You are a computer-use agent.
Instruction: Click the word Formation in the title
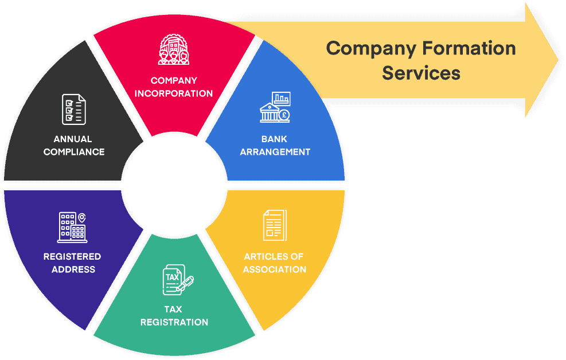coord(469,48)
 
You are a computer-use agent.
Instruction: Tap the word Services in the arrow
coord(421,73)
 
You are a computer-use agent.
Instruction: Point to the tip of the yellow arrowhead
coord(557,60)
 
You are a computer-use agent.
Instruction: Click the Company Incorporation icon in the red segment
coord(174,50)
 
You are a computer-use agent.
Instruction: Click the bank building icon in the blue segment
coord(275,107)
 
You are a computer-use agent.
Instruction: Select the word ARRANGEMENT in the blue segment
coord(275,152)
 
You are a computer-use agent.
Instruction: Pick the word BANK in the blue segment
coord(275,139)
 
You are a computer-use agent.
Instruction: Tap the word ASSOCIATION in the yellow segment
coord(275,269)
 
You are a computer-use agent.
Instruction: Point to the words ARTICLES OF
coord(274,256)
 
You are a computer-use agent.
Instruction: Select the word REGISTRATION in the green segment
coord(174,322)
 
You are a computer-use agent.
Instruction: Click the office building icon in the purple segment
coord(72,226)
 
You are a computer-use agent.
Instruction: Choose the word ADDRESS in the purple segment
coord(73,269)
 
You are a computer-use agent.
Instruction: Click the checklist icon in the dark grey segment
coord(74,109)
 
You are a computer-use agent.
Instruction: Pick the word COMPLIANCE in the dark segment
coord(74,152)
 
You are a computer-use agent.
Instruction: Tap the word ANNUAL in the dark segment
coord(73,139)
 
